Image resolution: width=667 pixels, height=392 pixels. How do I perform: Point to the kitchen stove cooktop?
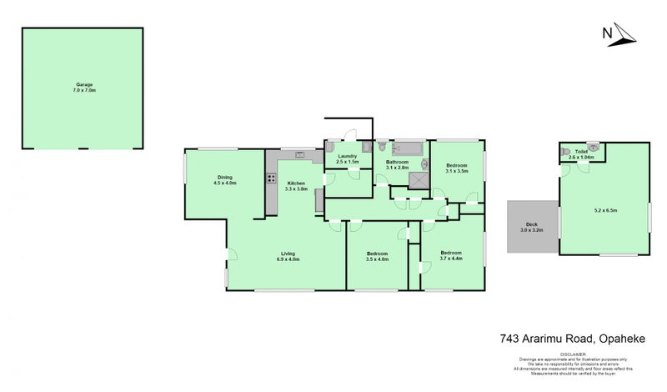click(x=270, y=178)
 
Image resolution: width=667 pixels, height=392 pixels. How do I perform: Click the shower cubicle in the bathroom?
click(x=420, y=180)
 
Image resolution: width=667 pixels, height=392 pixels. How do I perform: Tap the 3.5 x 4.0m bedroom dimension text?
click(x=377, y=258)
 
